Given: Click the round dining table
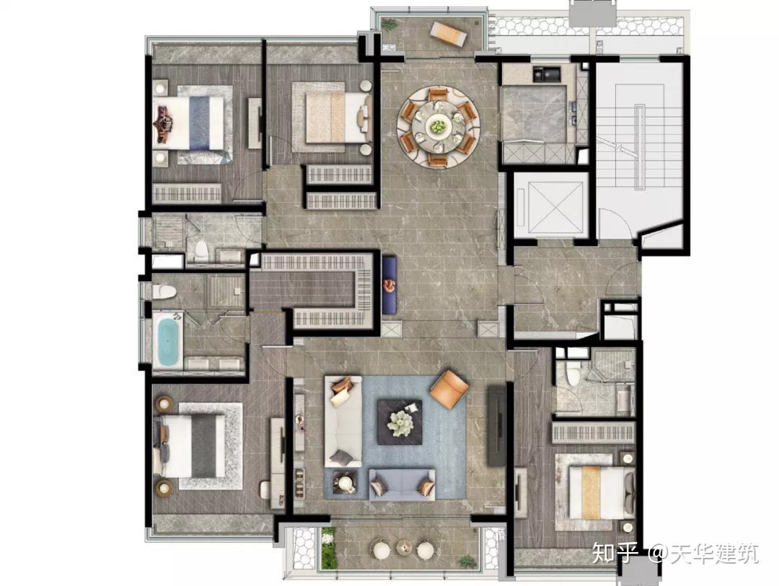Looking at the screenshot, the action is (x=437, y=127).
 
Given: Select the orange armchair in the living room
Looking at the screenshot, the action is (x=449, y=389).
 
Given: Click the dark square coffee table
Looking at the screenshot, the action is (x=400, y=422).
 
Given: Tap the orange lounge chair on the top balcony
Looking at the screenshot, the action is (x=448, y=35).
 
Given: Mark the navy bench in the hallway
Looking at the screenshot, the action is (x=389, y=285).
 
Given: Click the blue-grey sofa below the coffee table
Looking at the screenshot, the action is (x=402, y=484).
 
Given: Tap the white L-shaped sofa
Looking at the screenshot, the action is (x=343, y=421).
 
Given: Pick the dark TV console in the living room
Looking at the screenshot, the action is (x=496, y=425).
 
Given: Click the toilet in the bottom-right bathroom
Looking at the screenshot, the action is (x=573, y=374).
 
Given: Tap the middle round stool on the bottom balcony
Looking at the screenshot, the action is (x=405, y=548).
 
